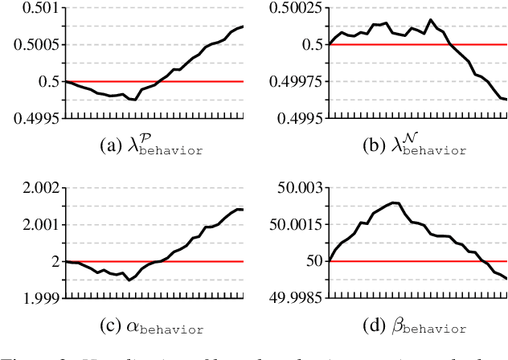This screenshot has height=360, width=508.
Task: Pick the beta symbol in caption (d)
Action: [x=391, y=328]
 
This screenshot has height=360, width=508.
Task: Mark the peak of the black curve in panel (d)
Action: [x=394, y=202]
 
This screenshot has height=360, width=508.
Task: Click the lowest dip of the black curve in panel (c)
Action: [x=129, y=280]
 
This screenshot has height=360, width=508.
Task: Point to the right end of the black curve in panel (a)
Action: [x=243, y=27]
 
